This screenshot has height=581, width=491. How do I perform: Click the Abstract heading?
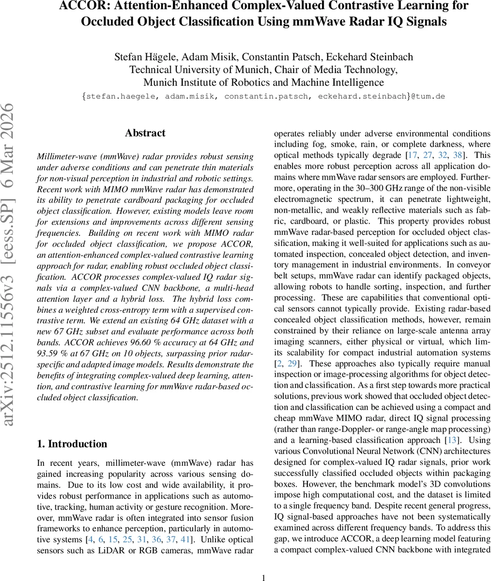145,133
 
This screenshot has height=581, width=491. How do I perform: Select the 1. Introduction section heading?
72,444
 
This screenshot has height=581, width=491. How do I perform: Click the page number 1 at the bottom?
263,577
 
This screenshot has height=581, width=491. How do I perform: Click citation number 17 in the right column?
412,155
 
